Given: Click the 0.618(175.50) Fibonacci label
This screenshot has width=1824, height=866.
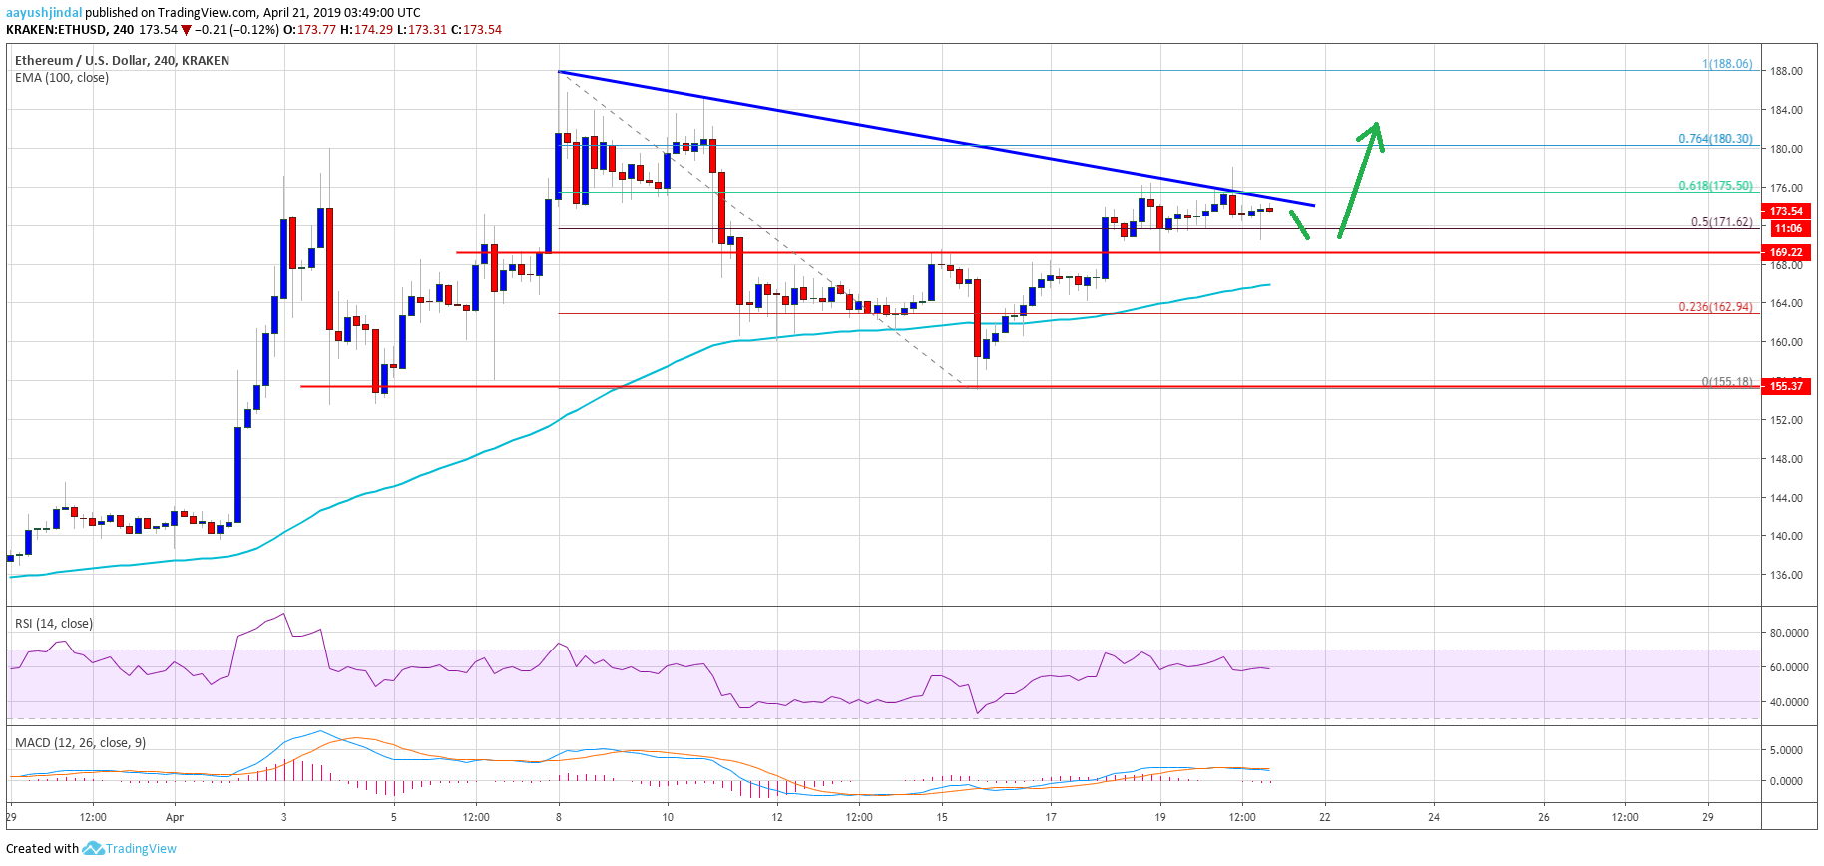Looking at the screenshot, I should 1715,186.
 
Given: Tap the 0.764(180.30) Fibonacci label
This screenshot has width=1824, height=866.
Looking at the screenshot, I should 1715,139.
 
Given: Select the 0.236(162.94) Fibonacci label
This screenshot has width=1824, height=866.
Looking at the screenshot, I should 1715,307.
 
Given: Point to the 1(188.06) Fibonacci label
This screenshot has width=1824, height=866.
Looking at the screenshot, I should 1727,64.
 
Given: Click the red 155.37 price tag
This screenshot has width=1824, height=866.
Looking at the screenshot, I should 1786,386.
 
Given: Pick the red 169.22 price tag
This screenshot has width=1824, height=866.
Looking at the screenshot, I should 1786,252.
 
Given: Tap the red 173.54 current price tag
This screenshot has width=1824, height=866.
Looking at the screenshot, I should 1786,211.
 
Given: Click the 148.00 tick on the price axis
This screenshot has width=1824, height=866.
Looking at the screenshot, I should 1786,459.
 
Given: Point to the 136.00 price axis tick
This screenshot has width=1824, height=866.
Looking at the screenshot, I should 1786,575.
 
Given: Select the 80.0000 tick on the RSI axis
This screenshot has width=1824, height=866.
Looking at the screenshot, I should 1789,633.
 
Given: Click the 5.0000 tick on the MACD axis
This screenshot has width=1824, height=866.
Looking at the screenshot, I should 1786,750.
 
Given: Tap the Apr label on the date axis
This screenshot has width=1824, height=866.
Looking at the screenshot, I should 175,818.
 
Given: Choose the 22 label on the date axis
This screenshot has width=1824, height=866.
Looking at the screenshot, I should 1325,817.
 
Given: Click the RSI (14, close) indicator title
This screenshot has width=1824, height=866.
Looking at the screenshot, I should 54,624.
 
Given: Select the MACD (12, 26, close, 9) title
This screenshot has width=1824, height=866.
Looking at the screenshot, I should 80,743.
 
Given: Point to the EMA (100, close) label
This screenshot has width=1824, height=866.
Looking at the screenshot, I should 62,78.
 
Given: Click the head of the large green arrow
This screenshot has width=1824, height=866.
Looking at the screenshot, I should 1376,126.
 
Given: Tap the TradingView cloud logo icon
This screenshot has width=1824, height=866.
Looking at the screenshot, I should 93,849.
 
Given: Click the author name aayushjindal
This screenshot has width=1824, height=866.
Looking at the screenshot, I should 44,13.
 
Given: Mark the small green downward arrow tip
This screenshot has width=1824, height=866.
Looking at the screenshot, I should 1307,237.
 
